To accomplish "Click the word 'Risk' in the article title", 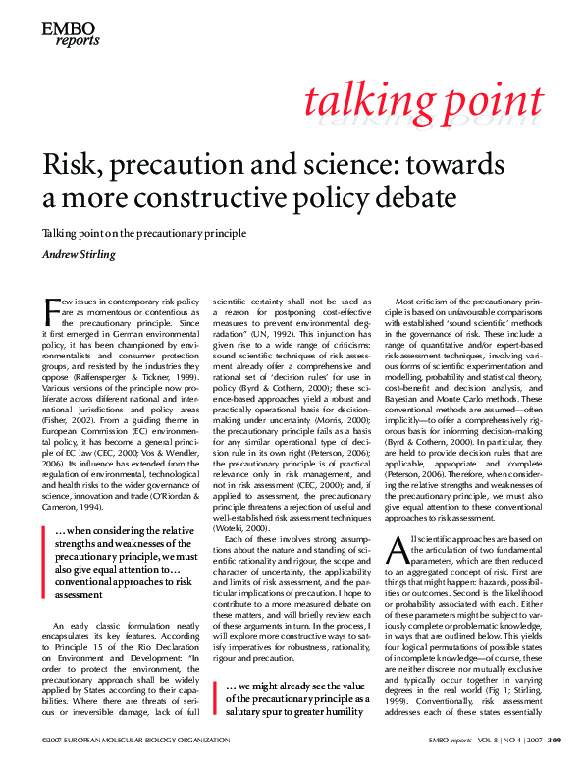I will click(x=71, y=164).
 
